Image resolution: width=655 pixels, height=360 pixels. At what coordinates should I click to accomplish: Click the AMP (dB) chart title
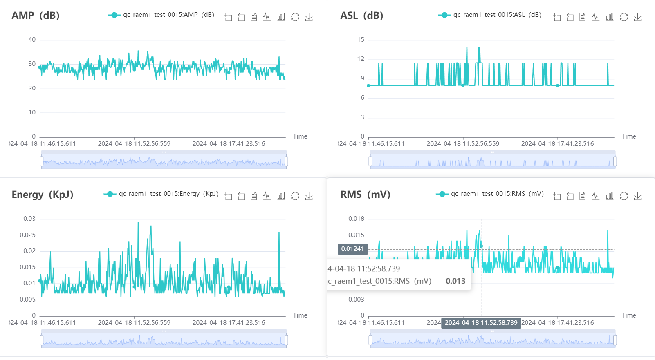point(36,16)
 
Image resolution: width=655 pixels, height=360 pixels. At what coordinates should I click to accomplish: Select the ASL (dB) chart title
point(361,16)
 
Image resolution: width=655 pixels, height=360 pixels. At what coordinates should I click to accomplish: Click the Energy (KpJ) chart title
point(43,195)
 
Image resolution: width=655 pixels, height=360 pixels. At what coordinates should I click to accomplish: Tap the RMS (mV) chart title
point(365,195)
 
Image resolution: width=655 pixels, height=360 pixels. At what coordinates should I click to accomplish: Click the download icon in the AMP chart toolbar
point(309,17)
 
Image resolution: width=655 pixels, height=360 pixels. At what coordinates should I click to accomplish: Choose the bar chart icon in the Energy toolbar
point(281,196)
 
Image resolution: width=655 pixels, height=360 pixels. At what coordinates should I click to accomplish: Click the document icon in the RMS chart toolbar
point(583,196)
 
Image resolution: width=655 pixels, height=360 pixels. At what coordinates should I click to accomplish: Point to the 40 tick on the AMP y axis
point(32,40)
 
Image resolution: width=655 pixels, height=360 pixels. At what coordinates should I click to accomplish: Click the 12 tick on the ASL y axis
point(361,59)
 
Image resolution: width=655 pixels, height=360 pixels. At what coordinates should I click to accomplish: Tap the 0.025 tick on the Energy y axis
point(28,235)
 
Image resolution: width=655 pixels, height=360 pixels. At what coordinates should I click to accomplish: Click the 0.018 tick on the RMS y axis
point(356,219)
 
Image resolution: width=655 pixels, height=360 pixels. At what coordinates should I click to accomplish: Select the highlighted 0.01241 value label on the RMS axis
point(352,249)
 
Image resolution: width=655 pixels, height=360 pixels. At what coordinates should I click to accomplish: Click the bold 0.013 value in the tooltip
point(455,281)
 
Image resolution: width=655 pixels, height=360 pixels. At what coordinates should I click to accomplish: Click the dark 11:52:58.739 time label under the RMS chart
point(481,323)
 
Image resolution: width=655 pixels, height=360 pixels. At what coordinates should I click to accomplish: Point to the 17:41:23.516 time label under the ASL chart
point(557,144)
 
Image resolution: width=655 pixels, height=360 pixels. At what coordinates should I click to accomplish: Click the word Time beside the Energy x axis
point(300,315)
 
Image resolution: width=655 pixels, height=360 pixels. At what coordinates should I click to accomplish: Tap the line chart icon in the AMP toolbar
point(267,17)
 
